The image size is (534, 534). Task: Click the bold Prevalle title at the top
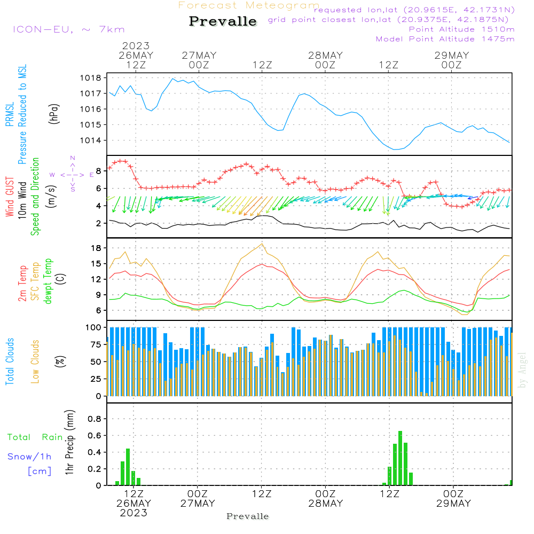click(x=223, y=22)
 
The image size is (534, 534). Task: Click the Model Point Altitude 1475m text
click(x=445, y=39)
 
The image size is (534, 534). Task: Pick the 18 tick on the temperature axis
click(x=96, y=248)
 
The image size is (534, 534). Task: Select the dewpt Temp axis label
click(x=49, y=281)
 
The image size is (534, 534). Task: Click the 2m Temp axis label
click(x=22, y=281)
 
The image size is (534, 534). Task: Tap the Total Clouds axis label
click(x=10, y=362)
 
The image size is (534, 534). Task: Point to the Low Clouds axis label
click(x=35, y=362)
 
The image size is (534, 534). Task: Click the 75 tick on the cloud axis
click(x=96, y=345)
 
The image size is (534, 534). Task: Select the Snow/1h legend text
click(x=29, y=457)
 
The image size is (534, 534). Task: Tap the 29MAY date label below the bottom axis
click(x=453, y=504)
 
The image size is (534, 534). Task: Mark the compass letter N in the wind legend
click(x=73, y=158)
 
